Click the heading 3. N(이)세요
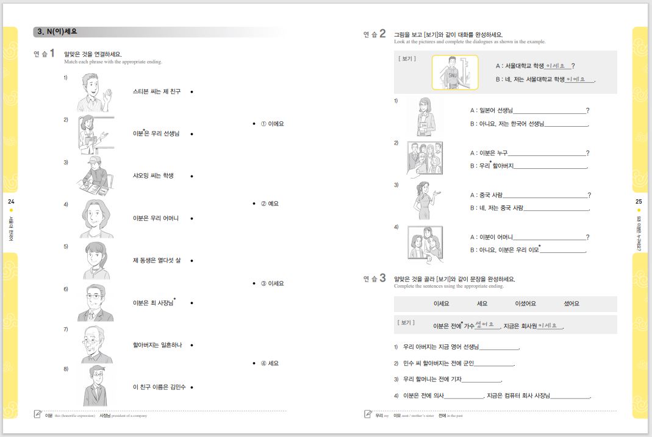[x=57, y=32]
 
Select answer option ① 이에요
[x=272, y=124]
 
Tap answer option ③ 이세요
[x=272, y=283]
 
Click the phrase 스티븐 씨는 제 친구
[x=157, y=91]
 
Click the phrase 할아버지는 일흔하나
[x=157, y=345]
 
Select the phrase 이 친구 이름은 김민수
[x=159, y=387]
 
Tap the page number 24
[x=11, y=201]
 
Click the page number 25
[x=639, y=201]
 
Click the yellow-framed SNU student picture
[x=454, y=73]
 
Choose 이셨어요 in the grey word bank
[x=525, y=304]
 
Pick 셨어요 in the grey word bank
[x=571, y=304]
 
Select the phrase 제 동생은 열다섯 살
[x=157, y=260]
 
